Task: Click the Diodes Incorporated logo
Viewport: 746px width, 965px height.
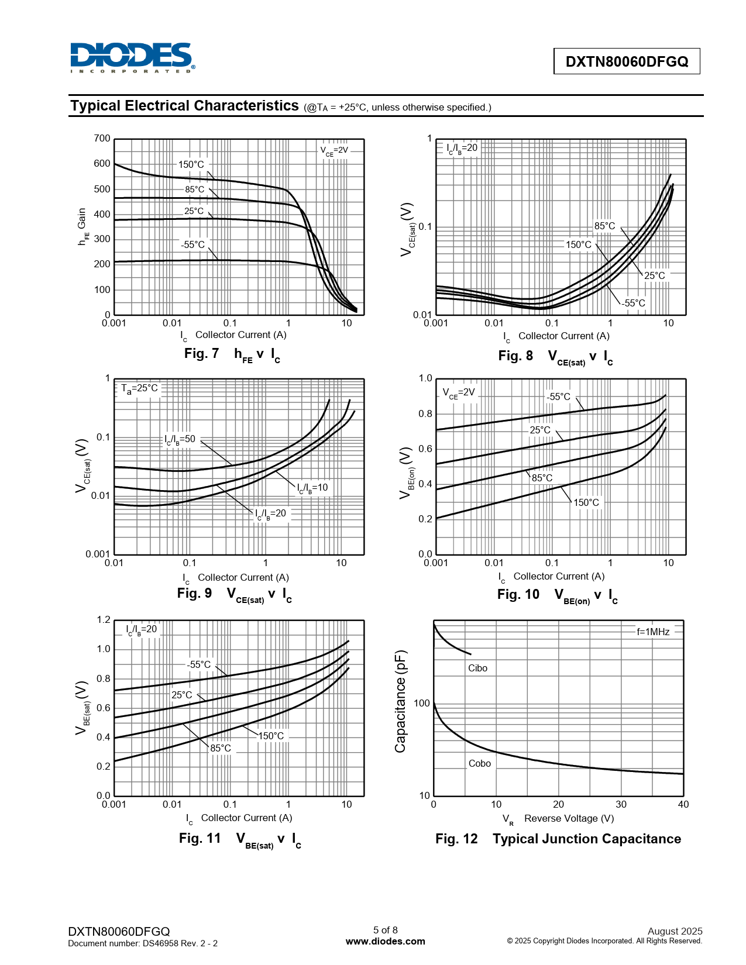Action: point(132,57)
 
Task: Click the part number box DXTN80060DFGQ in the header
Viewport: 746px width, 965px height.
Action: point(627,61)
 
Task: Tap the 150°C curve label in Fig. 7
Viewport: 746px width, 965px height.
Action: point(191,165)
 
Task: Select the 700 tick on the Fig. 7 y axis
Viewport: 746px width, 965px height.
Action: point(102,139)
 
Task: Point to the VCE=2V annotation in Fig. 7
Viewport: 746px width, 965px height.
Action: point(334,150)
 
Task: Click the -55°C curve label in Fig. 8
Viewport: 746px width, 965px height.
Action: point(634,303)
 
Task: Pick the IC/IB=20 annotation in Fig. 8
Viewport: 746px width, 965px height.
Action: point(462,148)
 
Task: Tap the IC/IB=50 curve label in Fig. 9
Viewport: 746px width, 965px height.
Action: point(180,439)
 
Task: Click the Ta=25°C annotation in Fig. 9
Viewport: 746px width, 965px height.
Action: point(139,388)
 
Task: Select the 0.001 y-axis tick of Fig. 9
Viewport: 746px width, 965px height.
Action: point(98,554)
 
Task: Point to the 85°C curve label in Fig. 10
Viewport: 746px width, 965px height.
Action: point(542,478)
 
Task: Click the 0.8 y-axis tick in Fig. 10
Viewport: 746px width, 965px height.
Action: point(425,414)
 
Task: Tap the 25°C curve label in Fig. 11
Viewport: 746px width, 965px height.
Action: point(181,695)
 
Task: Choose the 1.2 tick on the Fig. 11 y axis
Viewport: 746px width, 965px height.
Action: point(104,620)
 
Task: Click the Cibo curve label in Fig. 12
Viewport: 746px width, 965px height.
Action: point(477,668)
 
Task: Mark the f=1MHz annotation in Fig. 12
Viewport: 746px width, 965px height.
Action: point(653,632)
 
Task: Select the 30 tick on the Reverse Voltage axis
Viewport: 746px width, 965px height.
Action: point(621,804)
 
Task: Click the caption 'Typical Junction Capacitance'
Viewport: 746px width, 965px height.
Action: point(587,839)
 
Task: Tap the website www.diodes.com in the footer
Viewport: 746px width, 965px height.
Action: point(385,941)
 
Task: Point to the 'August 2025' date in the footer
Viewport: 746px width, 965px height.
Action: point(675,931)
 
